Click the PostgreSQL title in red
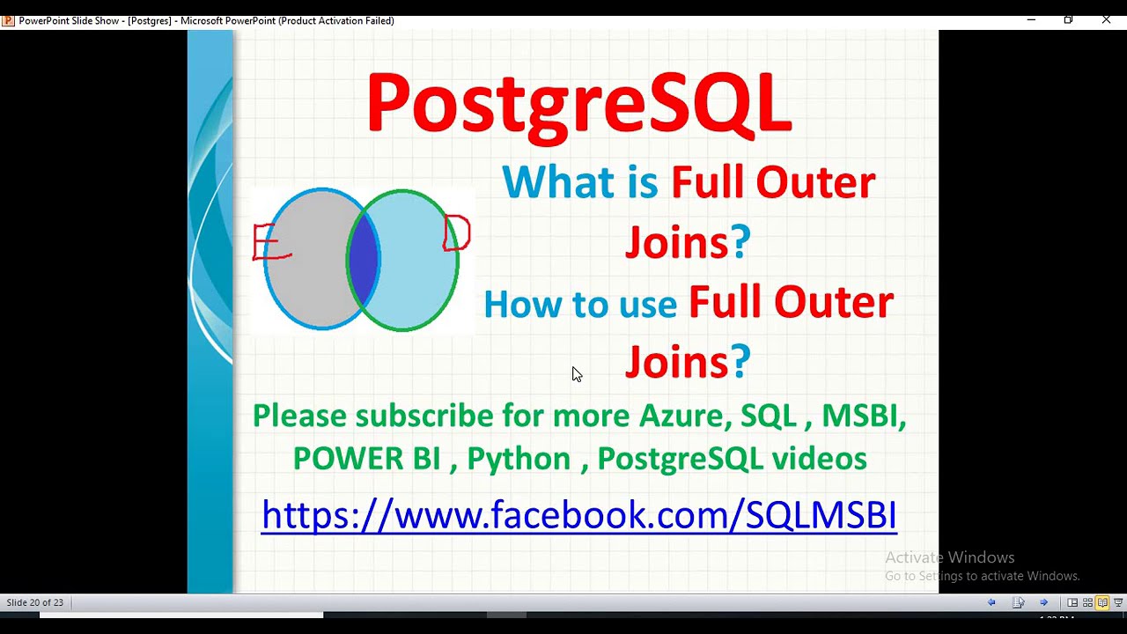click(x=578, y=105)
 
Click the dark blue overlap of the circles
click(x=364, y=260)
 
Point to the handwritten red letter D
click(x=457, y=234)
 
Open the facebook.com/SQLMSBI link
click(x=578, y=514)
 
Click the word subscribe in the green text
click(x=424, y=416)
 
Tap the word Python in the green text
click(x=519, y=459)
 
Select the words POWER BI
click(x=366, y=459)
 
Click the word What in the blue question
click(x=558, y=182)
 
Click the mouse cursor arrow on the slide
click(x=576, y=373)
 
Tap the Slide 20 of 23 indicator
click(x=35, y=602)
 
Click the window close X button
click(x=1106, y=19)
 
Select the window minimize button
click(x=1031, y=19)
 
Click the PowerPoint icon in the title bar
click(x=8, y=20)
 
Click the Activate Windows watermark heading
click(x=949, y=557)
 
